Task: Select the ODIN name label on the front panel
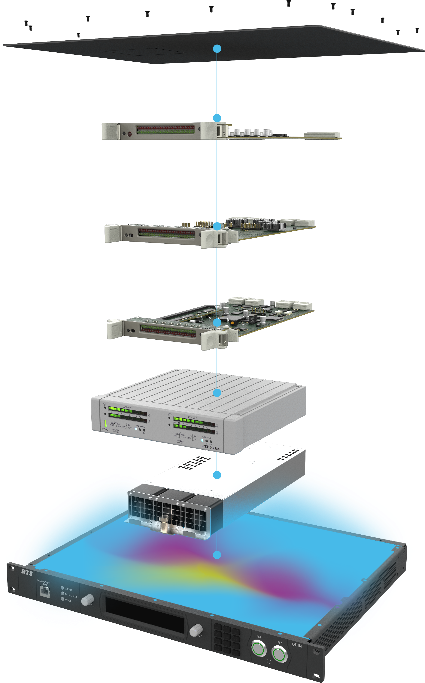tap(296, 645)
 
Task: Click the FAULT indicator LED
tap(63, 599)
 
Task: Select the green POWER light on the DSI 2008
tap(106, 424)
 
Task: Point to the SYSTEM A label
tap(127, 407)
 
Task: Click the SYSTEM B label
tap(193, 418)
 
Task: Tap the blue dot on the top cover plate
tap(217, 49)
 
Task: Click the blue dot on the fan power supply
tap(217, 475)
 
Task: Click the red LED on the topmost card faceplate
tap(130, 134)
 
